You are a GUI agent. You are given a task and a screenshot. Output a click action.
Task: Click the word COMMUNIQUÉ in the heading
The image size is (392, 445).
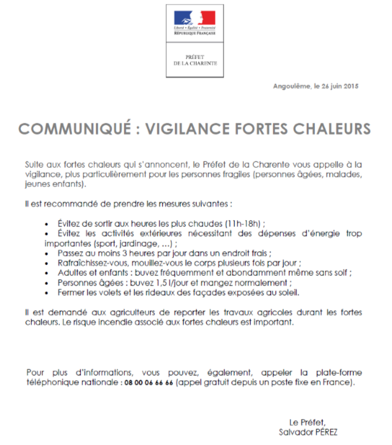(x=75, y=129)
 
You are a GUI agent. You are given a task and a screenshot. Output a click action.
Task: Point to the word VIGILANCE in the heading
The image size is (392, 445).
(x=184, y=129)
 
